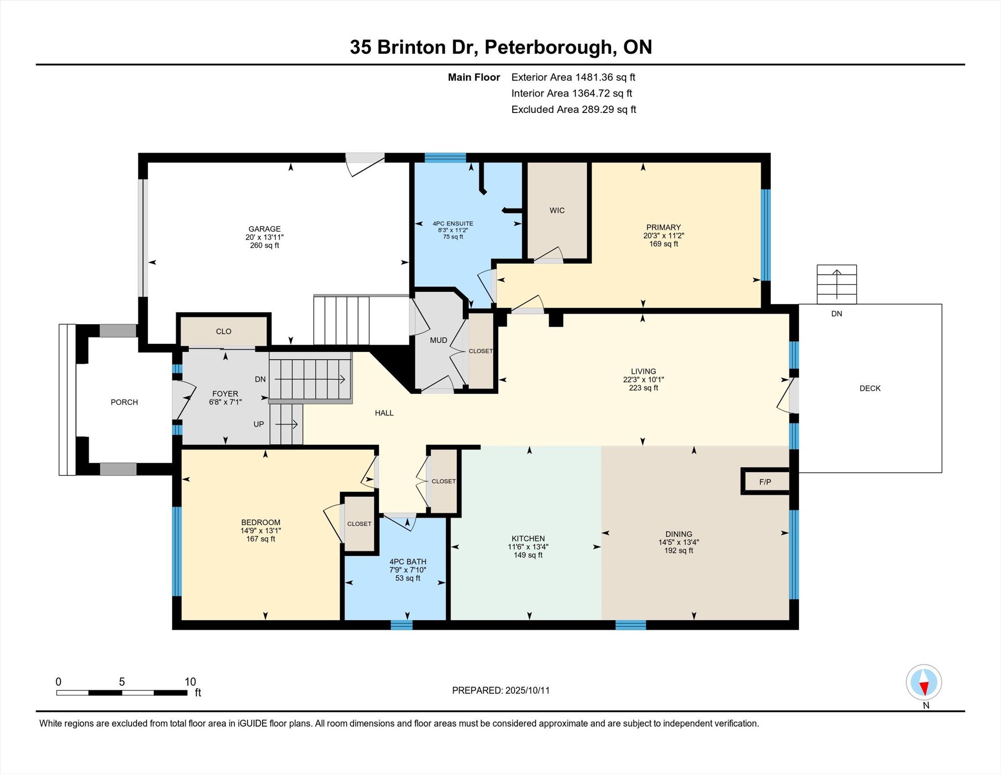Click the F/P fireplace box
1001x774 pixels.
point(765,482)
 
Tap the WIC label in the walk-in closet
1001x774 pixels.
point(557,210)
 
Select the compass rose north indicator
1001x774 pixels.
point(924,683)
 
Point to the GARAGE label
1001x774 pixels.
point(264,229)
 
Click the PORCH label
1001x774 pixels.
point(124,402)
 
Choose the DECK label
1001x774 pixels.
point(870,388)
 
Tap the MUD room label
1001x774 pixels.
point(438,340)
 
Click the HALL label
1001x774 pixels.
point(384,413)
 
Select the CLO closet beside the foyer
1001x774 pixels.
point(224,331)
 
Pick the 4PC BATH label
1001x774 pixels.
point(408,562)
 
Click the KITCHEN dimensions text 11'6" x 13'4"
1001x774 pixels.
point(528,547)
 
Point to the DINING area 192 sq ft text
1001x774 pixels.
point(679,551)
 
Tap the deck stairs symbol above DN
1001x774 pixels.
point(837,284)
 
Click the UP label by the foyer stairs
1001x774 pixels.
point(259,424)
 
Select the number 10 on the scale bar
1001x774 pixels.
point(190,682)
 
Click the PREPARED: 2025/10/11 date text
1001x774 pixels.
point(501,690)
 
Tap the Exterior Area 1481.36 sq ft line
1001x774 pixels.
point(573,77)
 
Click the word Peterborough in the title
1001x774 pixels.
point(548,47)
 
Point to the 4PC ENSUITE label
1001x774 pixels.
point(453,223)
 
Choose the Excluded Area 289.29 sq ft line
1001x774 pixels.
point(574,110)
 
